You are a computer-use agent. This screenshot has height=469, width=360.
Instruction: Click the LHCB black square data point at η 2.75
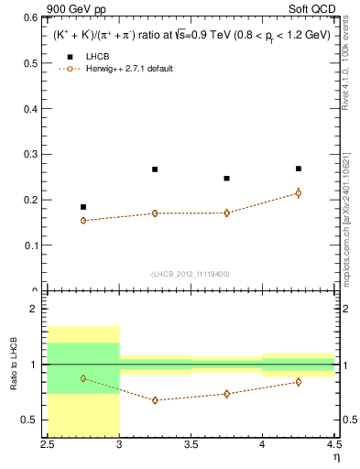[x=83, y=207]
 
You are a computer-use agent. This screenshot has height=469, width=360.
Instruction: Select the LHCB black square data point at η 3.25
[x=155, y=169]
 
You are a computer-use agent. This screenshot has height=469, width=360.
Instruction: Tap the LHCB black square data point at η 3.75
[x=226, y=179]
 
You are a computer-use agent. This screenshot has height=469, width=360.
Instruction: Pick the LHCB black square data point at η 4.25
[x=299, y=169]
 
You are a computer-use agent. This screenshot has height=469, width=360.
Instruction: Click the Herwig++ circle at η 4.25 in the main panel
[x=299, y=193]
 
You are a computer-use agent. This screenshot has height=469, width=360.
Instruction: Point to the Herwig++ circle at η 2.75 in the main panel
[x=83, y=221]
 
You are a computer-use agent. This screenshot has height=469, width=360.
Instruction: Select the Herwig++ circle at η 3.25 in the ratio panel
[x=155, y=400]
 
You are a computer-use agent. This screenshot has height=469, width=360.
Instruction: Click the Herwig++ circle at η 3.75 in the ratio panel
[x=226, y=394]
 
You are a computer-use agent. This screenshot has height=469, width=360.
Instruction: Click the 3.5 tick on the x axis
[x=191, y=444]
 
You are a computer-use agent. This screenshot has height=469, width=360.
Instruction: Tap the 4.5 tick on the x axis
[x=333, y=444]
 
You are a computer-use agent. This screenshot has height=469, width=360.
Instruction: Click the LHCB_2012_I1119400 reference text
[x=191, y=274]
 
